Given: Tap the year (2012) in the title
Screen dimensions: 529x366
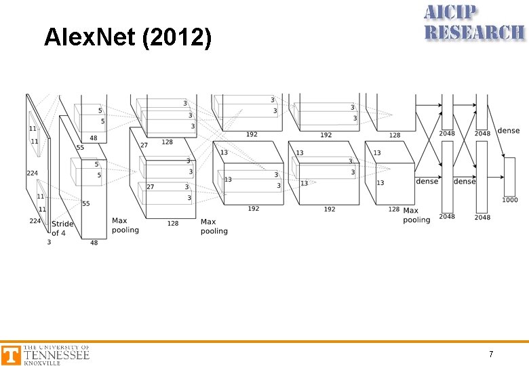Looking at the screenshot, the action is click(176, 38).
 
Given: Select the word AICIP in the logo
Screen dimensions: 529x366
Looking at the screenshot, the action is click(451, 12).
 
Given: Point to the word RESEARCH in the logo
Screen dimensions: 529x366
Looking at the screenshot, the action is click(474, 32).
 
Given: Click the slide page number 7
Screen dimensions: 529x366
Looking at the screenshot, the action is click(491, 354).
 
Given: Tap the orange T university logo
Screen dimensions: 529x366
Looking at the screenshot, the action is click(10, 355).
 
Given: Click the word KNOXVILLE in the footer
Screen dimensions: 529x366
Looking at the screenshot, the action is click(42, 363).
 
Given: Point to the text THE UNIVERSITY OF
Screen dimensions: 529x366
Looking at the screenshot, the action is click(56, 348).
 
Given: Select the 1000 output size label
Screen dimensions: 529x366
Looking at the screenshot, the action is click(510, 200).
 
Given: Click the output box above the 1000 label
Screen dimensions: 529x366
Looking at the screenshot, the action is click(510, 176).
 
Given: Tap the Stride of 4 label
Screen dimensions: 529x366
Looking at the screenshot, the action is click(62, 228).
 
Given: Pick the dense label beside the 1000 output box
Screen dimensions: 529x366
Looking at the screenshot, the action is click(509, 130).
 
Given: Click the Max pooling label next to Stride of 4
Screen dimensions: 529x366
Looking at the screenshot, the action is click(125, 225).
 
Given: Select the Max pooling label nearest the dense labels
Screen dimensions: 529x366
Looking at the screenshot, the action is click(416, 215).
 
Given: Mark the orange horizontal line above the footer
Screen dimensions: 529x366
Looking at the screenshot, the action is click(264, 342).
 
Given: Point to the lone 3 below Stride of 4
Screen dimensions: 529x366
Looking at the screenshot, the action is click(49, 241).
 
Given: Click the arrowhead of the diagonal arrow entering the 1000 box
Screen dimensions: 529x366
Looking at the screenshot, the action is click(503, 160).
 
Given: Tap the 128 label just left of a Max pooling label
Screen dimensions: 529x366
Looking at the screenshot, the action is click(173, 223).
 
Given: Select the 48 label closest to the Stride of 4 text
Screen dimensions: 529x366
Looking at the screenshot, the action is click(94, 243).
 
